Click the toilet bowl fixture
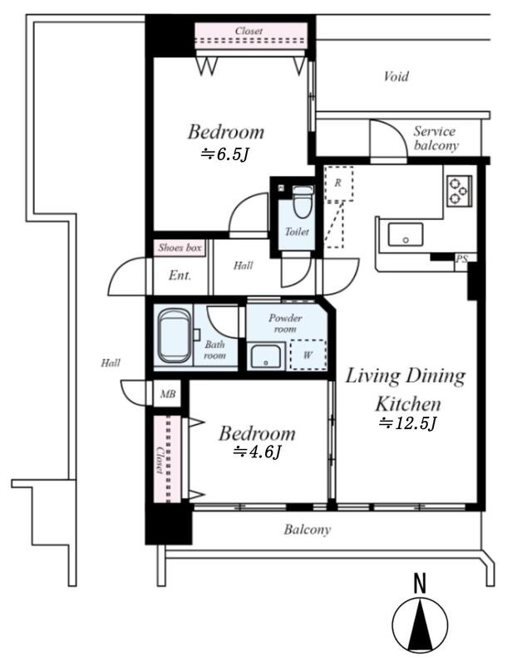(x=303, y=202)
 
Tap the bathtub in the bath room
(x=174, y=336)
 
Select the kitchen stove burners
(x=460, y=191)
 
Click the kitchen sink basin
(x=406, y=235)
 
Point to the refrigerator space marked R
(x=338, y=183)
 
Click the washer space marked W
(x=308, y=355)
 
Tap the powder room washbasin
(x=266, y=357)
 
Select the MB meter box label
(x=168, y=394)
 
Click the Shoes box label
(x=180, y=247)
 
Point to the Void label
(x=396, y=76)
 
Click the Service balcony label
(x=436, y=139)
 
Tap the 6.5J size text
(x=224, y=154)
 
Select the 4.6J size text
(x=257, y=452)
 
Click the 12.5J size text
(x=407, y=422)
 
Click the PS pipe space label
(x=461, y=258)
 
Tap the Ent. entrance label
(x=180, y=276)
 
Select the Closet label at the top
(x=249, y=31)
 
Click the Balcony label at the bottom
(x=308, y=530)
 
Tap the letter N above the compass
(x=420, y=583)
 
